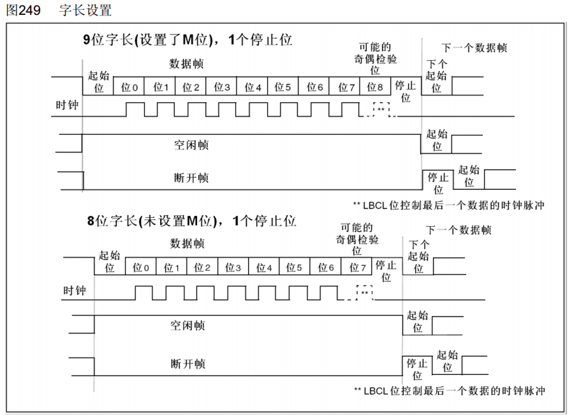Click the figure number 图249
point(23,10)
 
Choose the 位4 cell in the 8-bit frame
point(264,268)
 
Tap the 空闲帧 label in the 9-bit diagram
point(191,145)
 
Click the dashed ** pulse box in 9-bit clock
point(381,108)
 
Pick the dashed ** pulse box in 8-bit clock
point(364,292)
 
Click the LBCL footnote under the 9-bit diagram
point(449,205)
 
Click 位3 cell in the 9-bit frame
point(222,87)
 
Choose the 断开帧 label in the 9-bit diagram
point(191,178)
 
